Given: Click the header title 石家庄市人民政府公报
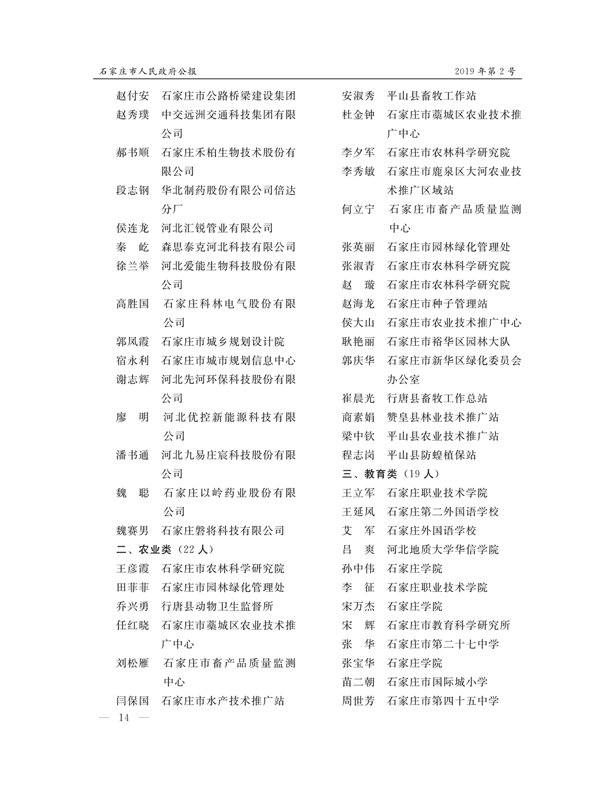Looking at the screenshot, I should point(148,71).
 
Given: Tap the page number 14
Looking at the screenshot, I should point(124,718).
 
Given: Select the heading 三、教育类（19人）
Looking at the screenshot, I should point(391,474).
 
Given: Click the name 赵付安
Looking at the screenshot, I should point(132,96).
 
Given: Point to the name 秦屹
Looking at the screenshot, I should point(132,247).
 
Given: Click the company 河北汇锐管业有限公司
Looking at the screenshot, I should point(217,228).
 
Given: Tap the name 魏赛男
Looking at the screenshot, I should point(132,530).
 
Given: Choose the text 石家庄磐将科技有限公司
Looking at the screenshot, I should point(223,530).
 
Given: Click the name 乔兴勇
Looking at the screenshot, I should point(132,606).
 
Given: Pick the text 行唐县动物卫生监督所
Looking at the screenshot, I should point(217,606).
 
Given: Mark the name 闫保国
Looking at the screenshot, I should point(132,701).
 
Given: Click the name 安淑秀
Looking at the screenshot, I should point(358,96).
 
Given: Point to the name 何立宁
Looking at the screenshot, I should point(358,209).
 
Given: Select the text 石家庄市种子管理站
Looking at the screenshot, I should point(437,304).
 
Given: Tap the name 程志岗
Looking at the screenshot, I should point(358,455).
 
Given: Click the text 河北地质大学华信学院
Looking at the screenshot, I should point(442,549).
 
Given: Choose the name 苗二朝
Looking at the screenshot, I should point(358,682).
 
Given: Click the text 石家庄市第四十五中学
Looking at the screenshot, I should point(442,701).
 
